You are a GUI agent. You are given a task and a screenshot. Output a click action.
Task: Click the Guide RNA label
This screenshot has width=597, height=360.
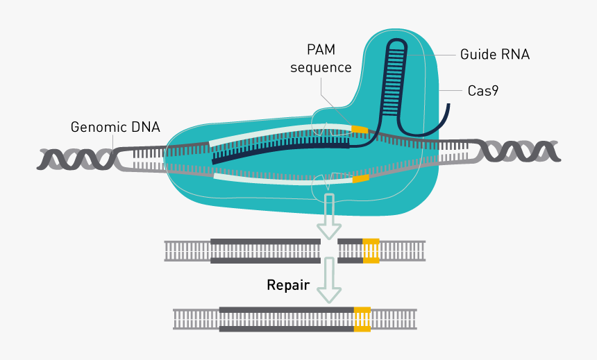494,53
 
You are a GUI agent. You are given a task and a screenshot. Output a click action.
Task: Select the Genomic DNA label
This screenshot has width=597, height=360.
115,127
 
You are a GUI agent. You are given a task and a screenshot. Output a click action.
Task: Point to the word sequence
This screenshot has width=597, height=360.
321,67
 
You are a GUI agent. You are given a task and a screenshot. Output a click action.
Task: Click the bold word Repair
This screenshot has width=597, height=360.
288,285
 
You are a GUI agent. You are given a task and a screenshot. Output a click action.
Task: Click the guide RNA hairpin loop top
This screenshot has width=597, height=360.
397,46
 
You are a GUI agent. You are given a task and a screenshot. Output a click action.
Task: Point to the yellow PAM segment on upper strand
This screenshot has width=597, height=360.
360,130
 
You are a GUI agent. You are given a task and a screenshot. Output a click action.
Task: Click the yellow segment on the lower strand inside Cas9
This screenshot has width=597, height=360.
360,179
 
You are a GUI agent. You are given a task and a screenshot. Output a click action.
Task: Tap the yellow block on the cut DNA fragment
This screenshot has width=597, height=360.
371,250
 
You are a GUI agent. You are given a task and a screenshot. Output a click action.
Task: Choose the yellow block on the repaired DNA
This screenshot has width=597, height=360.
362,318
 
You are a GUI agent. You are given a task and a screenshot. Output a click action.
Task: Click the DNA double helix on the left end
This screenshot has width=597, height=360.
76,159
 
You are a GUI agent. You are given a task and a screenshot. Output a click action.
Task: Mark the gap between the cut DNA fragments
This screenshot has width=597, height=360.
329,250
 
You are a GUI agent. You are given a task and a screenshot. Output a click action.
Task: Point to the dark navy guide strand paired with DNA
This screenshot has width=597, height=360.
278,149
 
